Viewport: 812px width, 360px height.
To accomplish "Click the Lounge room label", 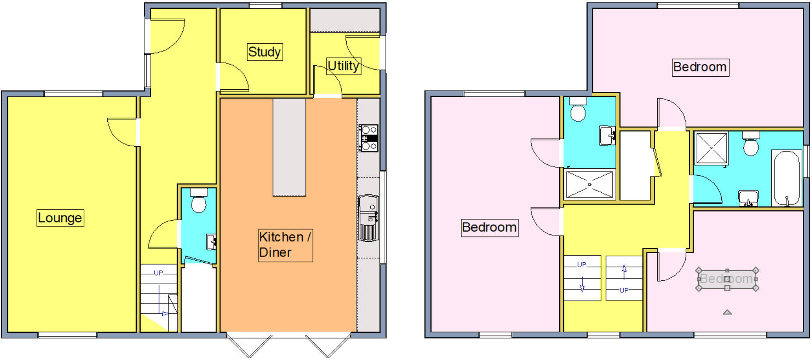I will [x=60, y=218].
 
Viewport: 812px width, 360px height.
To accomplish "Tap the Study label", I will [x=264, y=52].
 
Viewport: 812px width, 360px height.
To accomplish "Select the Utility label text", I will [x=344, y=66].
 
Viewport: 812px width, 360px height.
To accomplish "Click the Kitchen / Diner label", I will [x=285, y=245].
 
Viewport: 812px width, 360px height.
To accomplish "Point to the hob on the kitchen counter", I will [x=369, y=138].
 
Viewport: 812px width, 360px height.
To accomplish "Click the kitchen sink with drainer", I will [x=368, y=218].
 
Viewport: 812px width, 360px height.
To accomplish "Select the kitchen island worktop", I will [x=289, y=147].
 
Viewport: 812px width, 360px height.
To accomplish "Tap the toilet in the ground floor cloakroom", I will [x=199, y=201].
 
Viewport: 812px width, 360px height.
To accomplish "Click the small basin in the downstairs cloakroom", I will [x=211, y=241].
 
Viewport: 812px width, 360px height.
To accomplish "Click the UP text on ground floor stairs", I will [x=158, y=273].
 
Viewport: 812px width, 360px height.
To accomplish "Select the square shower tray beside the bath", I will [x=711, y=148].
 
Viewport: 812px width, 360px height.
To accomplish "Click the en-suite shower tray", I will [x=589, y=184].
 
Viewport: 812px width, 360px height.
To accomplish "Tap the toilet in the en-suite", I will [x=578, y=109].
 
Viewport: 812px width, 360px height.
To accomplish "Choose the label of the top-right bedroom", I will [x=700, y=67].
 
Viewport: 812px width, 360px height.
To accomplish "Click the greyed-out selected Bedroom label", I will [x=727, y=279].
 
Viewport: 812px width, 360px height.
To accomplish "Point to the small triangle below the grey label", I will [x=727, y=312].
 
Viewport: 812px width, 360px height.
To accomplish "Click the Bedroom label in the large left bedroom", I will [x=489, y=227].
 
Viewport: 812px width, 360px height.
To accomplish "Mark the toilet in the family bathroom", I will [x=751, y=145].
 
